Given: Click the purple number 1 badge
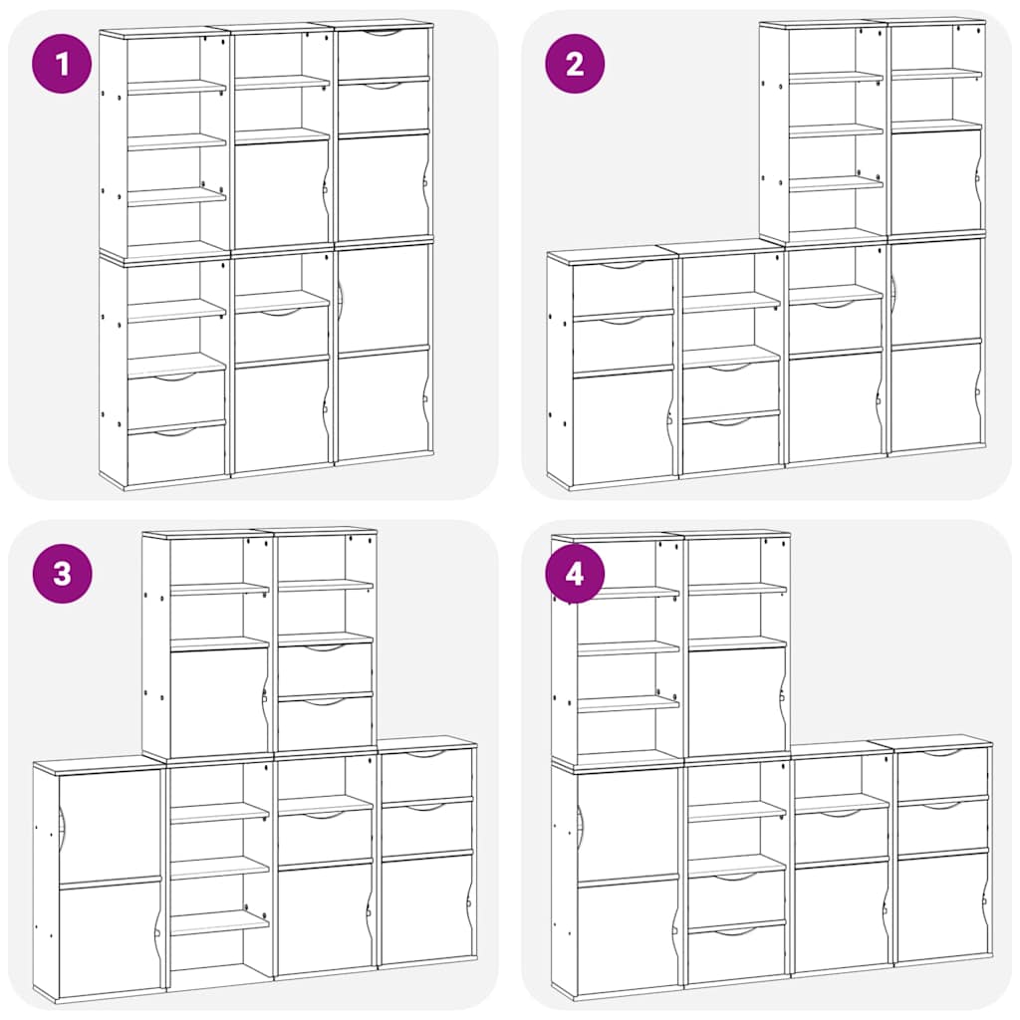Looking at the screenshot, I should point(63,65).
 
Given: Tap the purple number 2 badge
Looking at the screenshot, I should point(575,65).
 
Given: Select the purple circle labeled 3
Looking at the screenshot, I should point(63,574).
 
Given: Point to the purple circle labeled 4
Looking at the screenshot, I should point(575,574).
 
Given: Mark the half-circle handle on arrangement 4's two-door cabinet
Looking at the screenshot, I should point(581,822).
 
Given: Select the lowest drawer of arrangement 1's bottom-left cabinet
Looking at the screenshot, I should point(176,454).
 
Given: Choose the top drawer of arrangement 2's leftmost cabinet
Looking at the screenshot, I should point(623,288).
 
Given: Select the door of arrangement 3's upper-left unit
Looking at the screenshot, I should point(218,702).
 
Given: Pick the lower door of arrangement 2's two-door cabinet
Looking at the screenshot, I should point(934,396).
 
